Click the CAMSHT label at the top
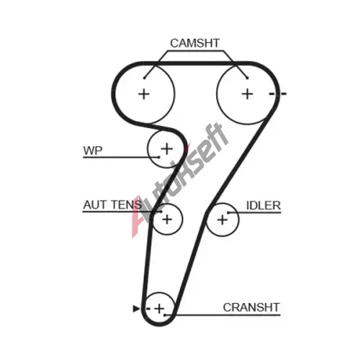tap(194, 43)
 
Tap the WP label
tap(93, 150)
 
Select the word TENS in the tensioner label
tap(127, 205)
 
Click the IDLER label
tap(264, 206)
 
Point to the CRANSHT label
tap(251, 307)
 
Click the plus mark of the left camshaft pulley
tap(144, 94)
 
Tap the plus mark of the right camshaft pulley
tap(248, 94)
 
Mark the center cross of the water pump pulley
tap(167, 149)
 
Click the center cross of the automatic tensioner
tap(167, 220)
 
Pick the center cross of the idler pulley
tap(222, 220)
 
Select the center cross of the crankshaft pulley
tap(159, 309)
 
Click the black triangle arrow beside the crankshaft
tap(136, 309)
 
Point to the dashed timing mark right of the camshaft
tap(278, 94)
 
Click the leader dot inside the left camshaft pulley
tap(145, 78)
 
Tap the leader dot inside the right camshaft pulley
tap(247, 78)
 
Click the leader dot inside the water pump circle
tap(158, 157)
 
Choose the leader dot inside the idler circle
tap(228, 212)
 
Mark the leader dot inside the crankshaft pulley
tap(165, 315)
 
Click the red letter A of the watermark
tap(139, 217)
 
